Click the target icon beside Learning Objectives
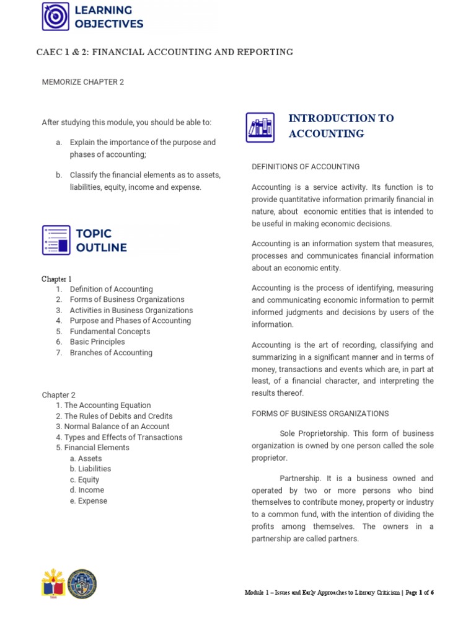56,17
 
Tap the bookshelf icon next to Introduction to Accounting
260,127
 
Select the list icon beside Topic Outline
56,240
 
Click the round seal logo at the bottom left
82,584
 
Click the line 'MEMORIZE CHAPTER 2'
82,82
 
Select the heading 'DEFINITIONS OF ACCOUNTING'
306,167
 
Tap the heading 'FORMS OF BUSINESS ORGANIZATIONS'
320,414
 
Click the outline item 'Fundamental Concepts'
110,332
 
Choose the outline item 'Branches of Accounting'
111,353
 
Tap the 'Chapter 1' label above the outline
56,279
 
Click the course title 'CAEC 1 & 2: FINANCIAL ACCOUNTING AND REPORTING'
164,52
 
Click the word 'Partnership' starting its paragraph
300,479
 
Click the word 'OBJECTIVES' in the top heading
109,24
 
